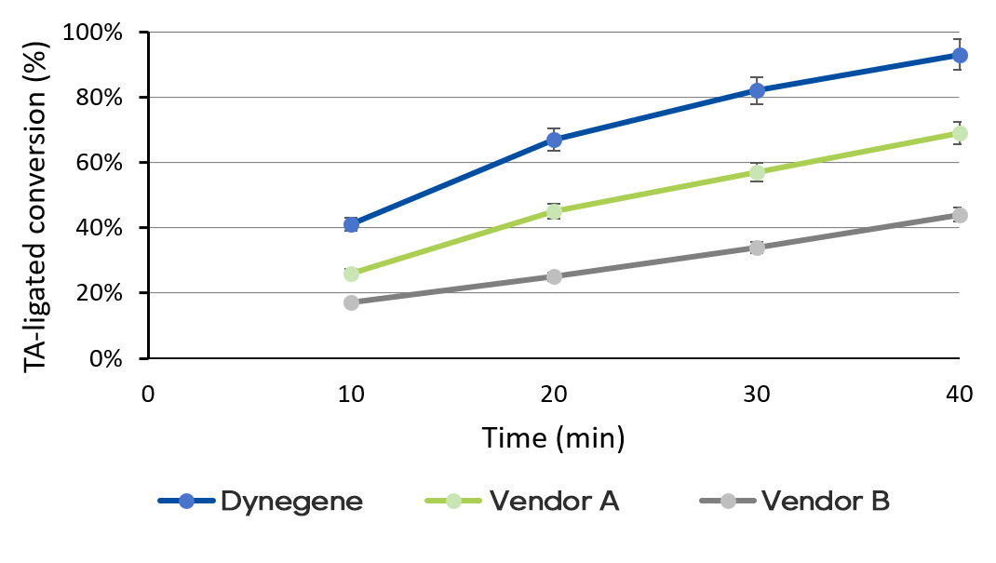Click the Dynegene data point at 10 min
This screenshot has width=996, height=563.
pyautogui.click(x=351, y=224)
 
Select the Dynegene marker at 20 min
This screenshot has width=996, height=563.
pyautogui.click(x=554, y=140)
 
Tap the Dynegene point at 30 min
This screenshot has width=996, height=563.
pyautogui.click(x=757, y=90)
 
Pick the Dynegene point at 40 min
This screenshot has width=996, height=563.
pyautogui.click(x=960, y=55)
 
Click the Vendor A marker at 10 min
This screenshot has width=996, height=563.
pyautogui.click(x=351, y=274)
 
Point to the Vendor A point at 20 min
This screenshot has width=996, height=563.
pyautogui.click(x=554, y=211)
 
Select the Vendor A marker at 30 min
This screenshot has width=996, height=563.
pyautogui.click(x=757, y=172)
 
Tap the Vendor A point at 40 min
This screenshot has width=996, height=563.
pyautogui.click(x=960, y=133)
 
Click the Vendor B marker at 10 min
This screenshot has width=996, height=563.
pyautogui.click(x=351, y=302)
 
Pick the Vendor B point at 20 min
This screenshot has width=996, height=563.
pyautogui.click(x=554, y=276)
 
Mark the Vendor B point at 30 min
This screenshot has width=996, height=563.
pyautogui.click(x=757, y=248)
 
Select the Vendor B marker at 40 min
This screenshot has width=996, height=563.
pyautogui.click(x=960, y=215)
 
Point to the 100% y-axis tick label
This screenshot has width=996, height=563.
pyautogui.click(x=92, y=33)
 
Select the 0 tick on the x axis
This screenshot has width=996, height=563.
pyautogui.click(x=148, y=394)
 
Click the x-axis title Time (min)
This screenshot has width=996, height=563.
pyautogui.click(x=553, y=437)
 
